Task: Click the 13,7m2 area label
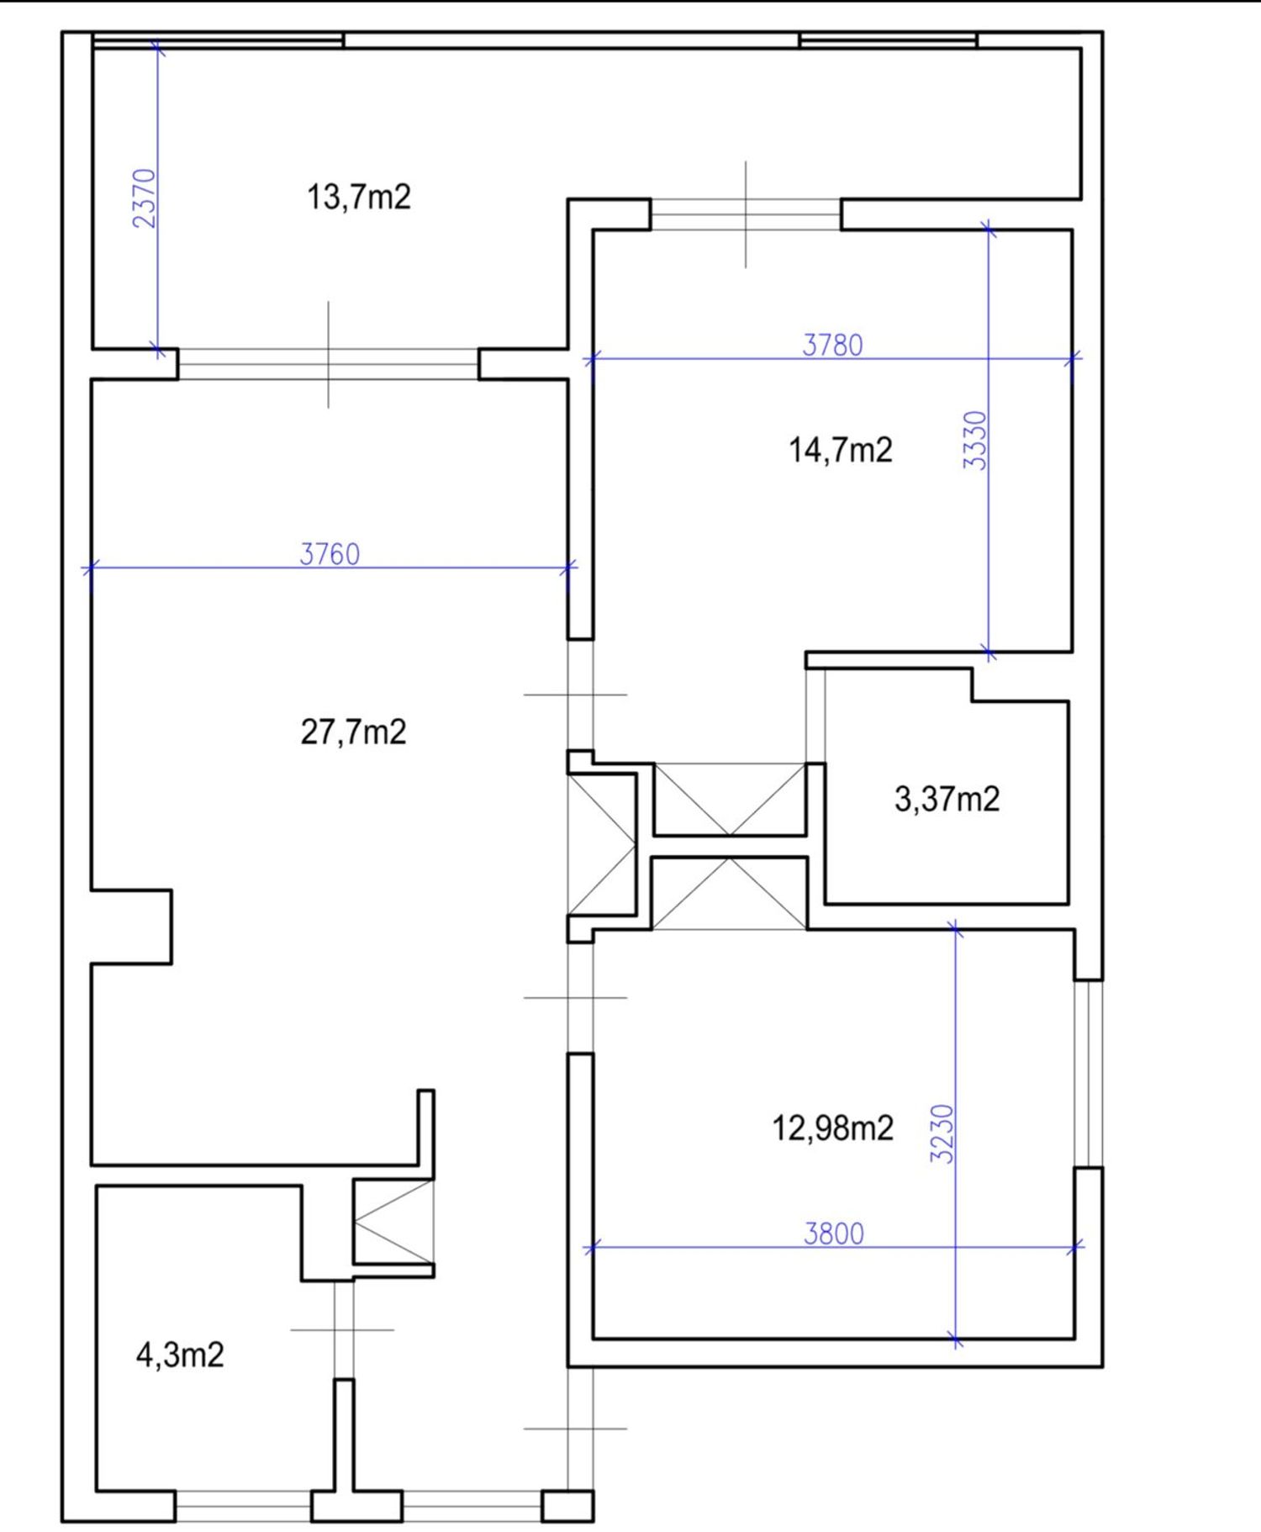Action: pos(359,198)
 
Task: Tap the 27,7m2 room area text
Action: pos(353,732)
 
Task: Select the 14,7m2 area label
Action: pos(840,450)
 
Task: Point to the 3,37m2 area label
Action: pos(947,799)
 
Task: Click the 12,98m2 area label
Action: pos(832,1128)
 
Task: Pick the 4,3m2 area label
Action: pos(180,1355)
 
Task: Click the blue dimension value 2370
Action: pos(145,198)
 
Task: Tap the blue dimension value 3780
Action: pos(832,345)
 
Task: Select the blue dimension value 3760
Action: pos(330,554)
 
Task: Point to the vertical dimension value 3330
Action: pos(975,440)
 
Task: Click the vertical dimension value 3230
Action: pos(943,1133)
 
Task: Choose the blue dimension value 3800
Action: pos(834,1234)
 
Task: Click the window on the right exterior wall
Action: pos(1089,1074)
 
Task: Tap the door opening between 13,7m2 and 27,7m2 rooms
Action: pos(328,364)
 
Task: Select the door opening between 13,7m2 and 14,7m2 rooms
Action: pos(746,214)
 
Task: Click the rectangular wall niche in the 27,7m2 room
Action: pos(132,927)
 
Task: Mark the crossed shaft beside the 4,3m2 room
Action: pos(393,1221)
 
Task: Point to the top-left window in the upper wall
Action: pos(218,40)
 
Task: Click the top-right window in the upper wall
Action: pos(888,40)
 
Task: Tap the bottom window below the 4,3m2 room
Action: pos(244,1506)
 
